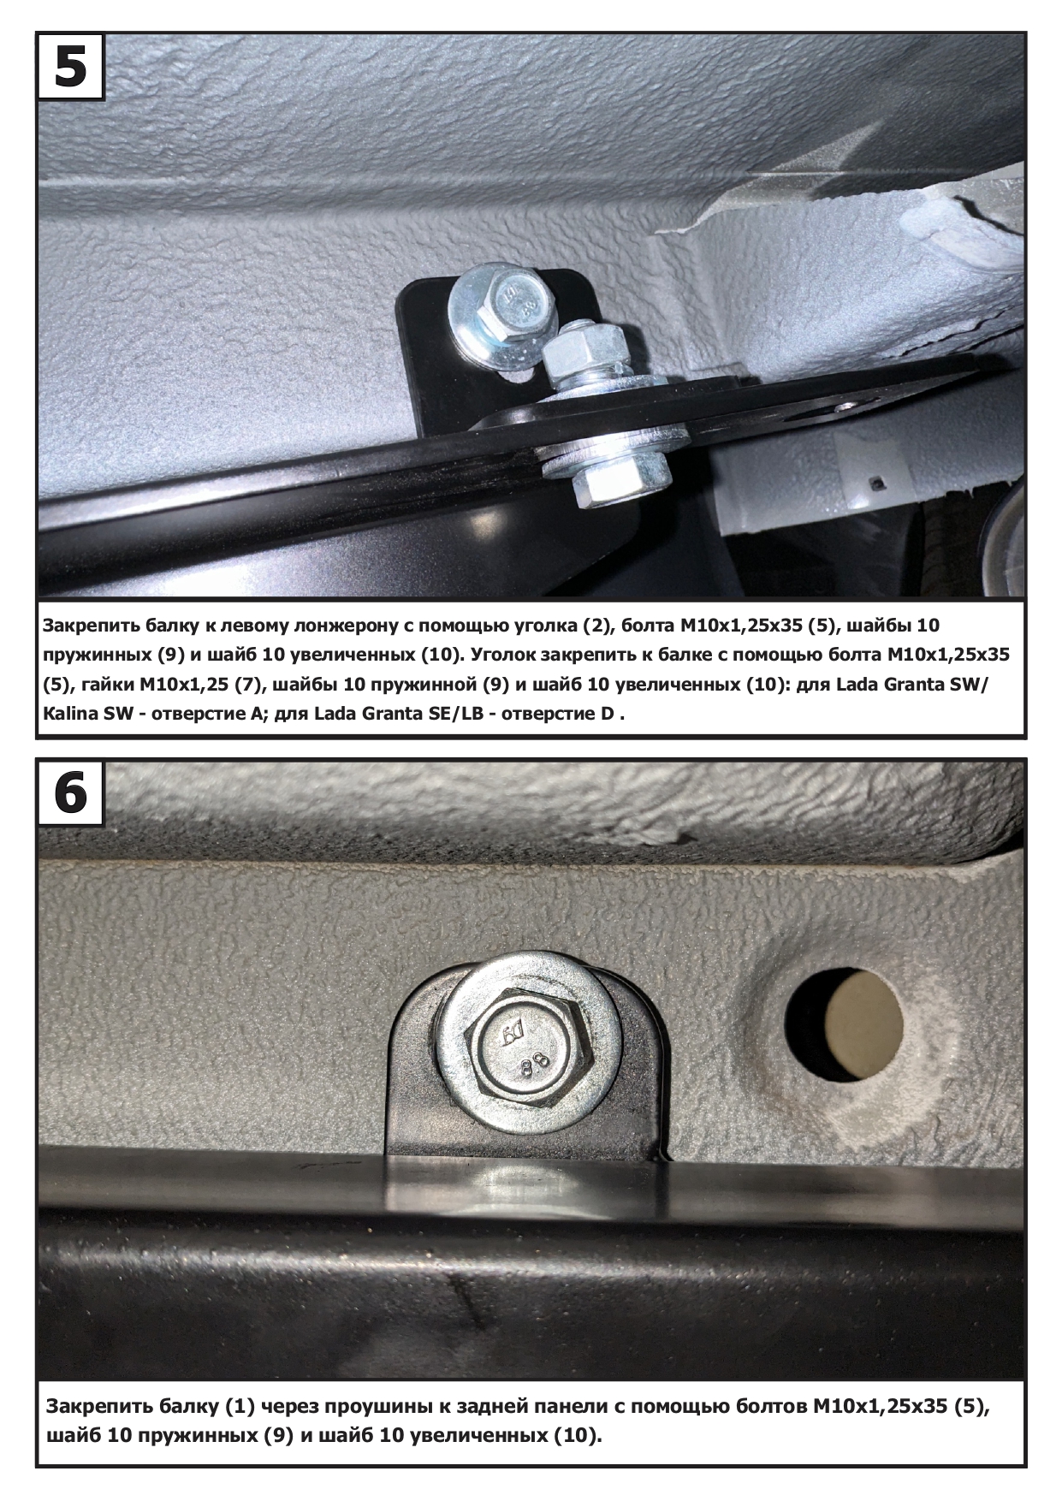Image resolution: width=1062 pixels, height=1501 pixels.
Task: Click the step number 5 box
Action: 70,67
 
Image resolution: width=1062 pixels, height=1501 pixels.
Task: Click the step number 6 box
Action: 70,792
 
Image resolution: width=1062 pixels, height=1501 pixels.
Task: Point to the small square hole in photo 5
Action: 875,484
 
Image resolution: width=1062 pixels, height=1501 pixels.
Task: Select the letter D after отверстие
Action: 607,715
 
